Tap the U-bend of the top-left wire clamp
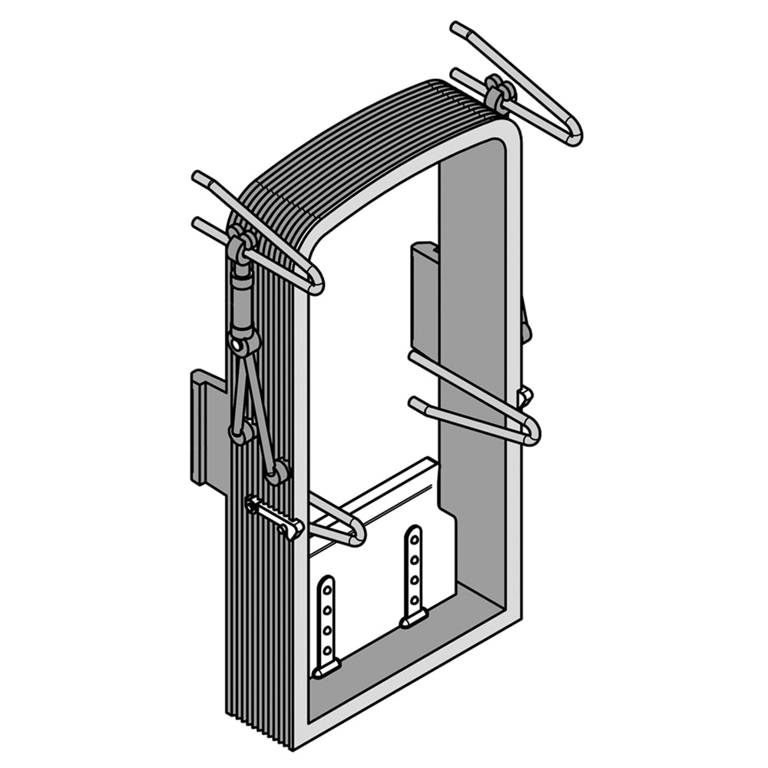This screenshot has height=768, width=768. (x=315, y=284)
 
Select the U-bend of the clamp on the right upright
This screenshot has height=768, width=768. (x=531, y=432)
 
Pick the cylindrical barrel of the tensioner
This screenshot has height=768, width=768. (x=242, y=303)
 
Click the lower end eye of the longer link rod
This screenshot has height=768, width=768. (x=279, y=472)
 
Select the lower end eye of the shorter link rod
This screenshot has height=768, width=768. (x=240, y=435)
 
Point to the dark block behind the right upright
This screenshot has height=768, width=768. (x=425, y=296)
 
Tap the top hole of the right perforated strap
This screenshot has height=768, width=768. (x=414, y=535)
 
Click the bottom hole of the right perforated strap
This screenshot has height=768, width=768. (x=415, y=599)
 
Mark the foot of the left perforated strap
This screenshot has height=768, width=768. (x=326, y=668)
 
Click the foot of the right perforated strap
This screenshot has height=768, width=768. (x=414, y=616)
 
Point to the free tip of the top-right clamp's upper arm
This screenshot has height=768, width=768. (x=458, y=29)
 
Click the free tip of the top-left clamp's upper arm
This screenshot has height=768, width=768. (x=198, y=178)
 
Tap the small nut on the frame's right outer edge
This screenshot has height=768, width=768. (x=525, y=396)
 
